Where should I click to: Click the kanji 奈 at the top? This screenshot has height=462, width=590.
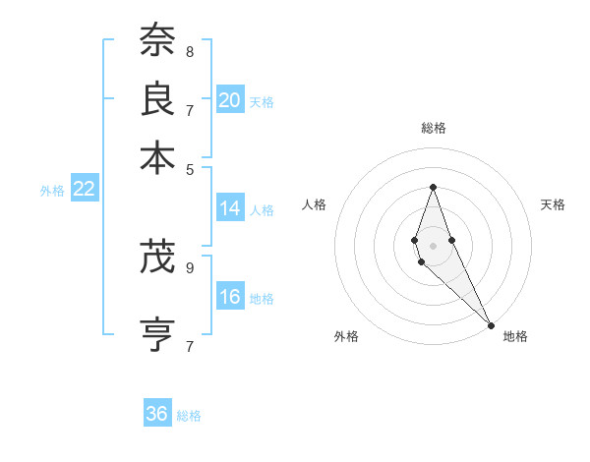click(x=157, y=41)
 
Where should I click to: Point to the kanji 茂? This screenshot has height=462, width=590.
click(x=157, y=259)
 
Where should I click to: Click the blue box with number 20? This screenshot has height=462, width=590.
click(x=230, y=99)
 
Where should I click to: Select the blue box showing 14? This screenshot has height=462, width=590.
click(x=230, y=208)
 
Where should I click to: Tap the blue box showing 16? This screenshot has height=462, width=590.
click(x=230, y=297)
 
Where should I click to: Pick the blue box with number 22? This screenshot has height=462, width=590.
click(x=84, y=190)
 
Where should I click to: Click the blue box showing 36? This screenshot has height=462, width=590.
click(x=157, y=414)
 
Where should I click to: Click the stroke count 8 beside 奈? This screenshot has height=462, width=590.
click(x=189, y=51)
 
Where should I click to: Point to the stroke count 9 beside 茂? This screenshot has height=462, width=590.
click(x=189, y=266)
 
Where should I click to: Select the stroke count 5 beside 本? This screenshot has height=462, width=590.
click(x=189, y=167)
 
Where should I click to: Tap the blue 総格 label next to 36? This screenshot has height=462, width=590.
click(x=189, y=416)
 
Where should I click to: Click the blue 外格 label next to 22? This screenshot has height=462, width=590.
click(x=52, y=191)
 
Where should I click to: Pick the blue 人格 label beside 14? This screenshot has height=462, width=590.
click(x=262, y=210)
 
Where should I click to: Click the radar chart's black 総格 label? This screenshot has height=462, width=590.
click(x=433, y=128)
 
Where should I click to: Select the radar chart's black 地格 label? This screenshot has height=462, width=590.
click(x=515, y=336)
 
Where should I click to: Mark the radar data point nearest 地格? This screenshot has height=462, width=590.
click(x=491, y=325)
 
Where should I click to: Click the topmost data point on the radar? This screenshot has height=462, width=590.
click(x=433, y=188)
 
